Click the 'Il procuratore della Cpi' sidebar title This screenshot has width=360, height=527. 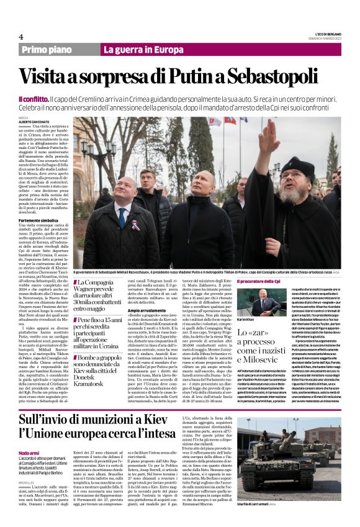click(259, 281)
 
